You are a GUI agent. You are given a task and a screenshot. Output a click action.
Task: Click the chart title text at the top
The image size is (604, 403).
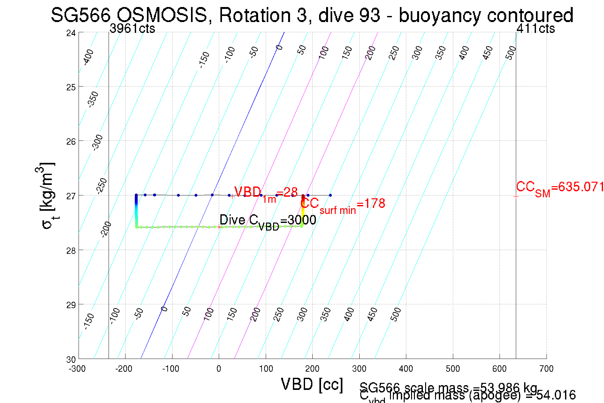tap(312, 15)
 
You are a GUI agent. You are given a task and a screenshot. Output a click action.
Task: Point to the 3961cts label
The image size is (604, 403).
tap(132, 29)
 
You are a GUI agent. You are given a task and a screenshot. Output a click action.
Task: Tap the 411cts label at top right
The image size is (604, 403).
tap(535, 29)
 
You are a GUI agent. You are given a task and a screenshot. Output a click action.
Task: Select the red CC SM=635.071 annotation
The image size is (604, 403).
tap(560, 188)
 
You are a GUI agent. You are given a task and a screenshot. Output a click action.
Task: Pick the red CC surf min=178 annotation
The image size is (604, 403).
tap(343, 204)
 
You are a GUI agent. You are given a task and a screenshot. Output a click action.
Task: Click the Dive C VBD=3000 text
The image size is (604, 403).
tap(268, 221)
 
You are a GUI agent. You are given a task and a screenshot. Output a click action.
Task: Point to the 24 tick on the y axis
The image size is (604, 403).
tap(71, 33)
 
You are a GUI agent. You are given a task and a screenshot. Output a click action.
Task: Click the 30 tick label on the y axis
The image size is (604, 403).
tap(71, 360)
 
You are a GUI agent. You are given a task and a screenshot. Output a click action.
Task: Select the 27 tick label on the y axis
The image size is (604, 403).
tap(71, 196)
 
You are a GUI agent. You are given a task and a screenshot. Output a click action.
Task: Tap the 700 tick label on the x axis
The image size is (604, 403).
tap(546, 369)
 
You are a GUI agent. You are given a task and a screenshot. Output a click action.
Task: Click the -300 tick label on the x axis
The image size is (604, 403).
tap(77, 369)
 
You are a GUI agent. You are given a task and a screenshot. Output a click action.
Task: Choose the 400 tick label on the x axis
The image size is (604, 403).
tap(406, 369)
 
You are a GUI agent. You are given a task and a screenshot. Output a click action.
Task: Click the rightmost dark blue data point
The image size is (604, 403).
tap(330, 195)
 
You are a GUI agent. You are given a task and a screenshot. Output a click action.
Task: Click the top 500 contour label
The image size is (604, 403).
tap(510, 53)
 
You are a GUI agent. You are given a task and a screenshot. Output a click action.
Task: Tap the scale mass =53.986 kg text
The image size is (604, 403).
tap(448, 387)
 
